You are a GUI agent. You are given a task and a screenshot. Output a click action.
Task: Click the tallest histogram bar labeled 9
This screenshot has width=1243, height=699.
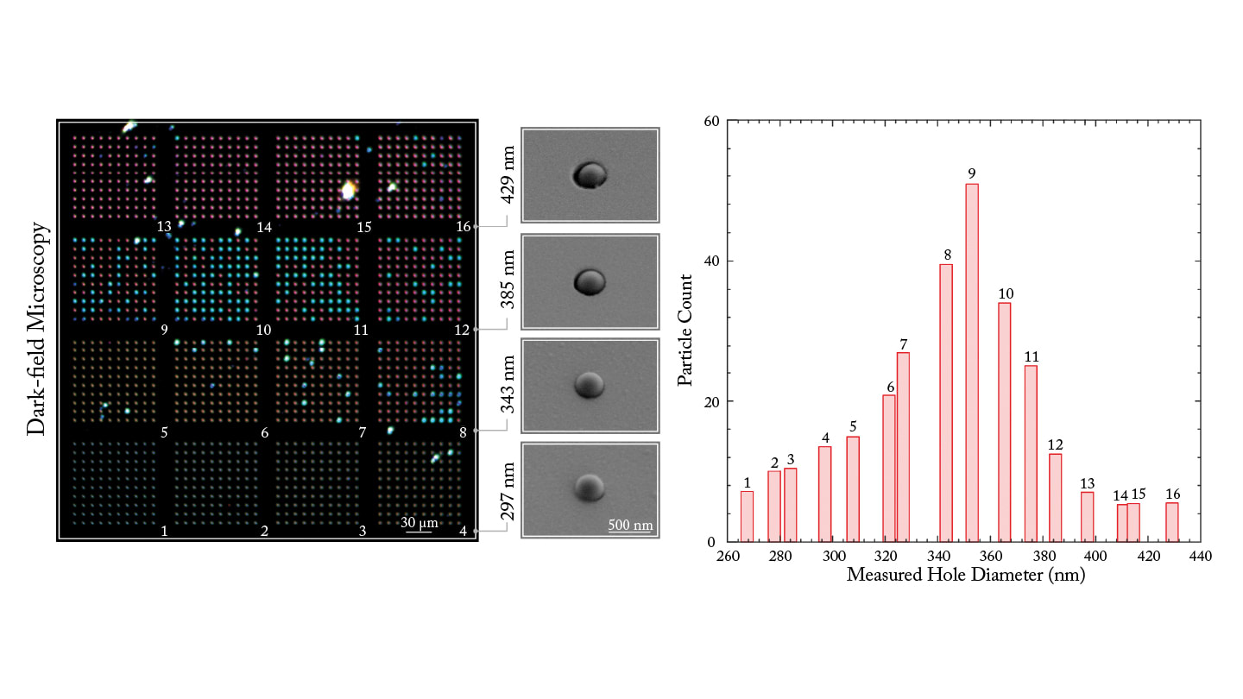point(972,362)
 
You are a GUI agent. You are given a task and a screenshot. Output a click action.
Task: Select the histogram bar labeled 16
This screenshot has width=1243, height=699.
point(1171,522)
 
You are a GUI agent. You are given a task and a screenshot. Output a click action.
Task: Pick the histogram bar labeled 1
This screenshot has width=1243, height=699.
point(747,516)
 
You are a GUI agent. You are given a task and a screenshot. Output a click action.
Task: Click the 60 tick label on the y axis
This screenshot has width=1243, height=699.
point(712,121)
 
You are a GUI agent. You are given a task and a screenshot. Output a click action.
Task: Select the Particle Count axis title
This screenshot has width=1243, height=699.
point(685,330)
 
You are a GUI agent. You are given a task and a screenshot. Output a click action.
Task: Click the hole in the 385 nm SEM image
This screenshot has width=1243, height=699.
point(590,280)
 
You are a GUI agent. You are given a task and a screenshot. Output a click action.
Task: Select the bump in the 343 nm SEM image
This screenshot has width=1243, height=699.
point(590,383)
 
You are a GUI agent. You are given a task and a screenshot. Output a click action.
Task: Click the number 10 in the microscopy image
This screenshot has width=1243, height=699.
point(263,330)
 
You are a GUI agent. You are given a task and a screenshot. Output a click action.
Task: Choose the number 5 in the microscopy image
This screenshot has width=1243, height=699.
point(164,432)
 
